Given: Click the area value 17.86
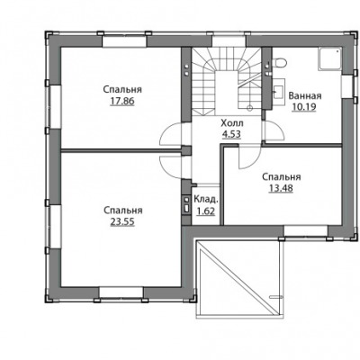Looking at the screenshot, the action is click(x=122, y=102).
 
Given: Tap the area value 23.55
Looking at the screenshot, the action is click(x=122, y=222).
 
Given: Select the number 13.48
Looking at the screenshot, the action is click(x=281, y=188).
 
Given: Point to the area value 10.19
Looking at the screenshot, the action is click(x=304, y=107).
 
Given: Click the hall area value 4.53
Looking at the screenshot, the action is click(x=231, y=134).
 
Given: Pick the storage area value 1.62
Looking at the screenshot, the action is click(x=205, y=211).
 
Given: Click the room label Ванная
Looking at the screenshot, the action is click(x=305, y=96).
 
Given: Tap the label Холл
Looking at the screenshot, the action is click(x=232, y=123).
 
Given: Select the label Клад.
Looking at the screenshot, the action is click(x=206, y=200).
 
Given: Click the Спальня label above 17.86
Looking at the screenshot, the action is click(x=122, y=90).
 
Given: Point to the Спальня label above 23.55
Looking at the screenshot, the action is click(x=123, y=211).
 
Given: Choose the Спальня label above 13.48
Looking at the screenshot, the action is click(x=282, y=176).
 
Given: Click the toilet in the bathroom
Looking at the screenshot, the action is click(x=279, y=63).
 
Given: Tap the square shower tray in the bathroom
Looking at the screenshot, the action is click(x=330, y=59).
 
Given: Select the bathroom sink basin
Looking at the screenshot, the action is click(x=278, y=89).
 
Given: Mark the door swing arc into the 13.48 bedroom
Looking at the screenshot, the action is click(x=253, y=162).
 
